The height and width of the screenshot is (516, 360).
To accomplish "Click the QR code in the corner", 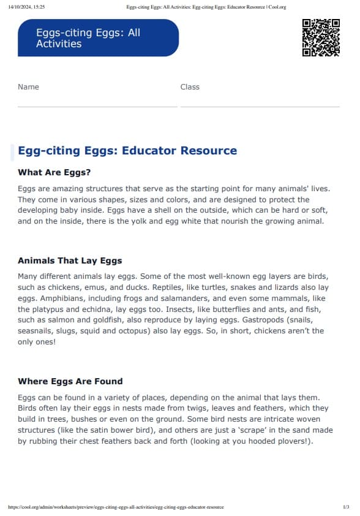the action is pos(321,37).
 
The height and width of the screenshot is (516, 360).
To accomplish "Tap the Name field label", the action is pos(28,87).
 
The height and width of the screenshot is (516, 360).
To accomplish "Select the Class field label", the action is pos(190,87).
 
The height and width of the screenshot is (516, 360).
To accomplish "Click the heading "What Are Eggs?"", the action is pos(54,172).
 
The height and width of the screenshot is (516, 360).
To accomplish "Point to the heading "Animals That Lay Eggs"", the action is pos(70,260).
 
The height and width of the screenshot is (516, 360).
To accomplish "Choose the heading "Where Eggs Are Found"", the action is pos(70,381).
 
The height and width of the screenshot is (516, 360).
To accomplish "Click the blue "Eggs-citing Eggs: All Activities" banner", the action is pos(98,38).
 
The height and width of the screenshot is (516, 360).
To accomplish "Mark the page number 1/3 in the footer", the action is pos(346,507).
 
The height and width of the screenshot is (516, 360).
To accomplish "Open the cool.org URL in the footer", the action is pos(116,507).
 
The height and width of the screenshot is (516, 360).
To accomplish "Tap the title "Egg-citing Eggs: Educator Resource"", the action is pos(127,151).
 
